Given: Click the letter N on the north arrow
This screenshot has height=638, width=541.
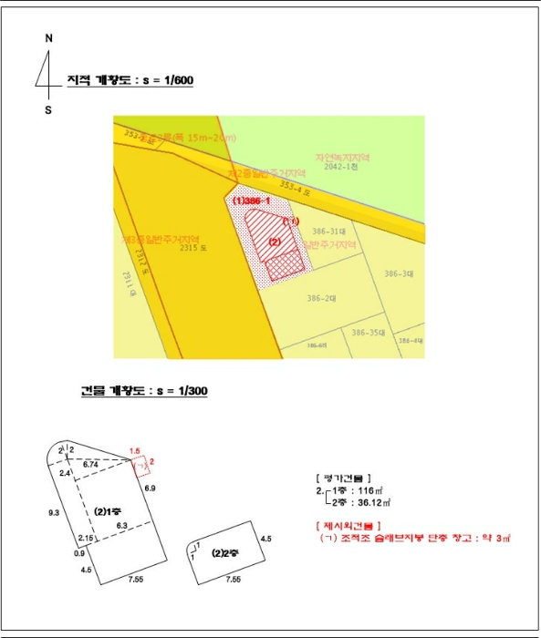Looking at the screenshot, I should point(48,38).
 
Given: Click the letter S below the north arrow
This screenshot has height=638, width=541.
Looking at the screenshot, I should point(48,109).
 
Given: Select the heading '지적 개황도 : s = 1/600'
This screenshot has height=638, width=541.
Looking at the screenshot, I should point(130,81).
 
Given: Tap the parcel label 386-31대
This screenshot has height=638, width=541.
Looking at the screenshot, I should point(332,232).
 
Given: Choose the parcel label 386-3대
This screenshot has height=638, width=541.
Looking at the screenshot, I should point(399,273).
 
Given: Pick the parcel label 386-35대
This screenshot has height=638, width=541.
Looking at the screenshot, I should point(369,332).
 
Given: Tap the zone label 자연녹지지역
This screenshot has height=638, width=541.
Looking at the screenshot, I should point(341,157).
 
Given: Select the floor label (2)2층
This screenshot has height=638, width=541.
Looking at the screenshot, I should point(224,552).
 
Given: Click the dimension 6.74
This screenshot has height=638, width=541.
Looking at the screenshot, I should point(90,464).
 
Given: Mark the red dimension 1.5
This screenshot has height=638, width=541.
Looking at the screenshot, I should point(135,451).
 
